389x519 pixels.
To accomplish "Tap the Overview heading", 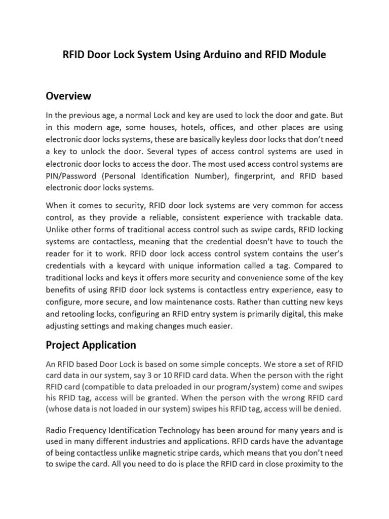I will point(68,96).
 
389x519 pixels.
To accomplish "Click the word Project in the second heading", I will point(62,345).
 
